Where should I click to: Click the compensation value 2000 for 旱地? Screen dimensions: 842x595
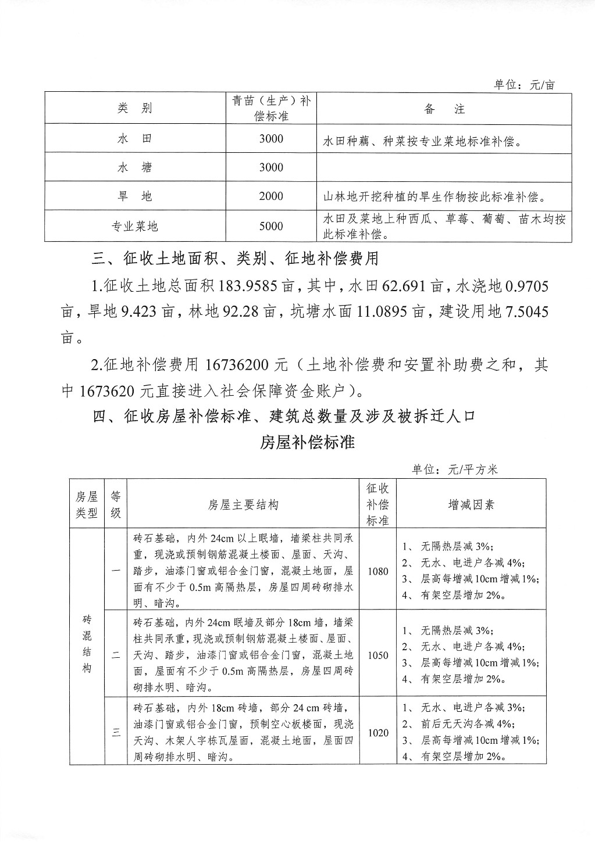(x=271, y=196)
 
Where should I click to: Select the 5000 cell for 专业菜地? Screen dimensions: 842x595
(x=271, y=227)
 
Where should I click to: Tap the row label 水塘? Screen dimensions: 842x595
(x=135, y=168)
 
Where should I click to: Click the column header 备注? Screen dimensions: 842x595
(x=444, y=109)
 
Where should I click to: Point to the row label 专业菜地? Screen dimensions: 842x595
(x=135, y=227)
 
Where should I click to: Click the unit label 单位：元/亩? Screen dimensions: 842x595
(x=524, y=85)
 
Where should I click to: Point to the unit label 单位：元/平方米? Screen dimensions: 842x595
(x=455, y=470)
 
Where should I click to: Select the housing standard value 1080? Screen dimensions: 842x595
(x=377, y=571)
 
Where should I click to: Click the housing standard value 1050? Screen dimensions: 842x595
(x=377, y=655)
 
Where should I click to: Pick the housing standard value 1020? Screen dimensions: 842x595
(x=377, y=733)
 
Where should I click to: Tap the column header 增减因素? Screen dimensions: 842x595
(x=471, y=504)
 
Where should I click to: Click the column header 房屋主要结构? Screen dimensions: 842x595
(x=243, y=504)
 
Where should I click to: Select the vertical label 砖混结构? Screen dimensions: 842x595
(x=87, y=643)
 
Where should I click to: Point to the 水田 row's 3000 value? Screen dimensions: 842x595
(x=271, y=139)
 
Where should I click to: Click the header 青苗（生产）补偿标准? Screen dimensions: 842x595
(x=271, y=108)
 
